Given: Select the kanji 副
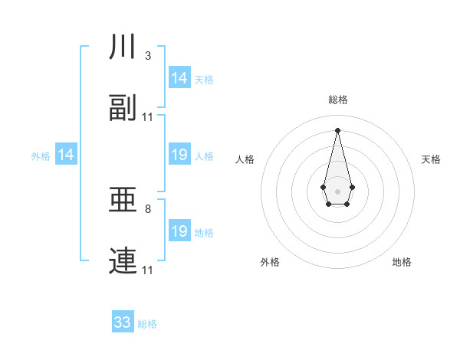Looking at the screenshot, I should (x=123, y=109).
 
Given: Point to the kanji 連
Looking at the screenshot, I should (x=123, y=261).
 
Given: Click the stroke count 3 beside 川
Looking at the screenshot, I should (x=147, y=56).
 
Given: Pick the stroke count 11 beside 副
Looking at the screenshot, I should (x=148, y=117).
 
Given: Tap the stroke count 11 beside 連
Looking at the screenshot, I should (x=148, y=270).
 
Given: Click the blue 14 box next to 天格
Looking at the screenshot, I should (x=179, y=78).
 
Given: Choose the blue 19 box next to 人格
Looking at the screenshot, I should (x=179, y=155).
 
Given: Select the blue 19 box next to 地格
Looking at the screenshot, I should (x=179, y=231).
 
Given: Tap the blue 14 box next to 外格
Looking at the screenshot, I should (x=66, y=155).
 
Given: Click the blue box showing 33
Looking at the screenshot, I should (x=123, y=322).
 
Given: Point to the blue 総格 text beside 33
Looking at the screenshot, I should (x=147, y=324).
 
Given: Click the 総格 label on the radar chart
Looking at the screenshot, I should (x=337, y=100).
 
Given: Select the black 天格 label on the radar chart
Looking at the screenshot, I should (x=431, y=159).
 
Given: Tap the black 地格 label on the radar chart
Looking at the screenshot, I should (x=402, y=262).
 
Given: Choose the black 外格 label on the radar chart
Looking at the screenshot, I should (x=270, y=262).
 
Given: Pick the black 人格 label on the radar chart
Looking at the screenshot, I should (x=245, y=159).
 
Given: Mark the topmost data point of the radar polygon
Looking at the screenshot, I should (x=337, y=129).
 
